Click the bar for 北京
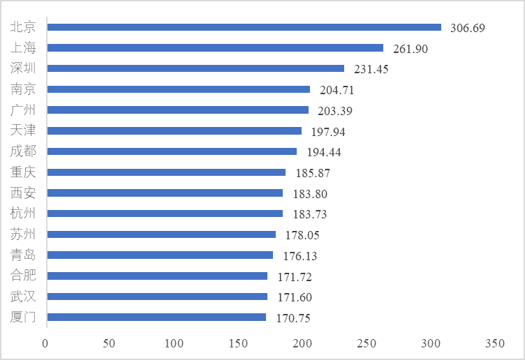coord(244,27)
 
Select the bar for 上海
coord(214,48)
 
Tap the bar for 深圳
coord(195,68)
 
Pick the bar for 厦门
coord(156,317)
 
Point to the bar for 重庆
coord(165,172)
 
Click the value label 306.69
coord(468,28)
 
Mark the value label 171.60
coord(295,297)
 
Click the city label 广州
coord(23,110)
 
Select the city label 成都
coord(23,151)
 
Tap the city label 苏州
coord(23,234)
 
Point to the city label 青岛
coord(23,255)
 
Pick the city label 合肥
coord(23,276)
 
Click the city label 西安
coord(23,193)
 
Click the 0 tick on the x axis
coord(45,343)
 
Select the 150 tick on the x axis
coord(238,343)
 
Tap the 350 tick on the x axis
coord(495,343)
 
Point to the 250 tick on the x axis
coord(367,343)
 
